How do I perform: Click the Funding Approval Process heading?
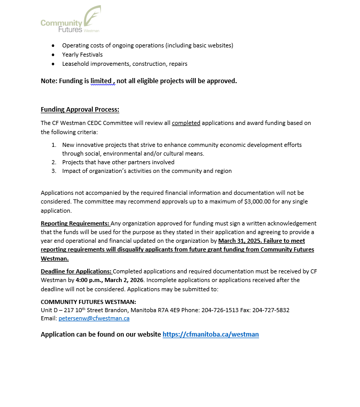pyautogui.click(x=80, y=110)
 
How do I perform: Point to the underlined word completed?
pyautogui.click(x=186, y=123)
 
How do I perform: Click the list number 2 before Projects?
pyautogui.click(x=54, y=162)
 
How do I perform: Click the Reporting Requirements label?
pyautogui.click(x=75, y=223)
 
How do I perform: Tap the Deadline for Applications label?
pyautogui.click(x=76, y=271)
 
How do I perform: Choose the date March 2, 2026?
pyautogui.click(x=124, y=280)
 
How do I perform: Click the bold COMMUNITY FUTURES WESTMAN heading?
pyautogui.click(x=88, y=301)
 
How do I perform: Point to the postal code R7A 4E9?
pyautogui.click(x=205, y=310)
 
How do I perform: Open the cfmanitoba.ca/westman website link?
pyautogui.click(x=211, y=335)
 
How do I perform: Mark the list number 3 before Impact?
pyautogui.click(x=54, y=171)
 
